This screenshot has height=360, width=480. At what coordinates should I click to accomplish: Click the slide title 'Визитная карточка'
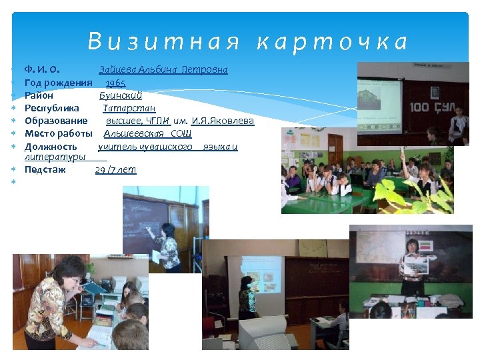[248, 43]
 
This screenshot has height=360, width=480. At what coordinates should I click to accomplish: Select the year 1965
[115, 83]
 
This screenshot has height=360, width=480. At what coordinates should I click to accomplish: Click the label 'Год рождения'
[58, 83]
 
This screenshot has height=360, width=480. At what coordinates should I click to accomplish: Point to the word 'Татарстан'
[129, 108]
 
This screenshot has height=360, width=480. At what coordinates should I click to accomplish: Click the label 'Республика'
[51, 108]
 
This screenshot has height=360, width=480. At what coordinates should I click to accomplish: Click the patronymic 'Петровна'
[205, 70]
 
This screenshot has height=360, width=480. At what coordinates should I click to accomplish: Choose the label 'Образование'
[56, 121]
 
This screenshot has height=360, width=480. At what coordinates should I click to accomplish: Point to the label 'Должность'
[51, 147]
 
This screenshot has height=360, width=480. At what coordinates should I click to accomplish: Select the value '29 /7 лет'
[115, 170]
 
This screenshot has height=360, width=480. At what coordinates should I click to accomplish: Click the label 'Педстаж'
[45, 170]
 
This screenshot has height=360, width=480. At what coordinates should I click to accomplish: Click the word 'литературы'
[54, 157]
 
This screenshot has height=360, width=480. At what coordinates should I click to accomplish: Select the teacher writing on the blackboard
[167, 247]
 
